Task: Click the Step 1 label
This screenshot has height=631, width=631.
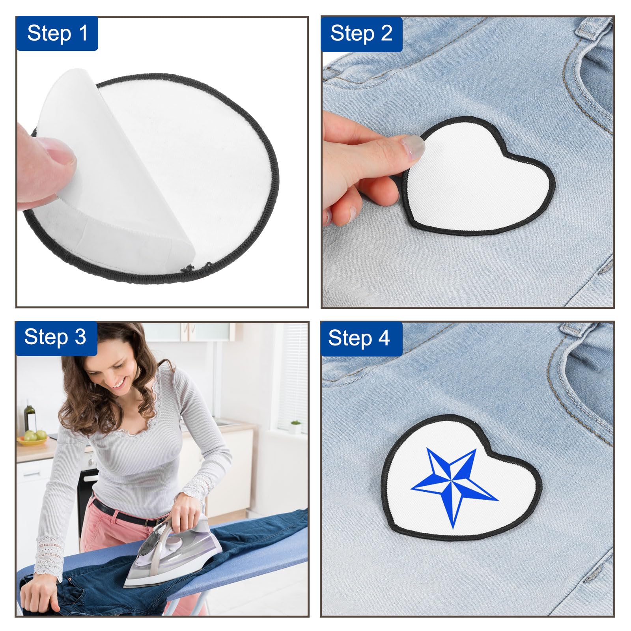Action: pyautogui.click(x=57, y=33)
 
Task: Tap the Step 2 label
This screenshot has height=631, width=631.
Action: pyautogui.click(x=361, y=34)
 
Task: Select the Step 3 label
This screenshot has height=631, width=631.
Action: pyautogui.click(x=56, y=338)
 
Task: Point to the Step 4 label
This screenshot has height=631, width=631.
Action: pyautogui.click(x=361, y=338)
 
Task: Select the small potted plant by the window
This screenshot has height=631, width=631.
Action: pyautogui.click(x=296, y=427)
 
